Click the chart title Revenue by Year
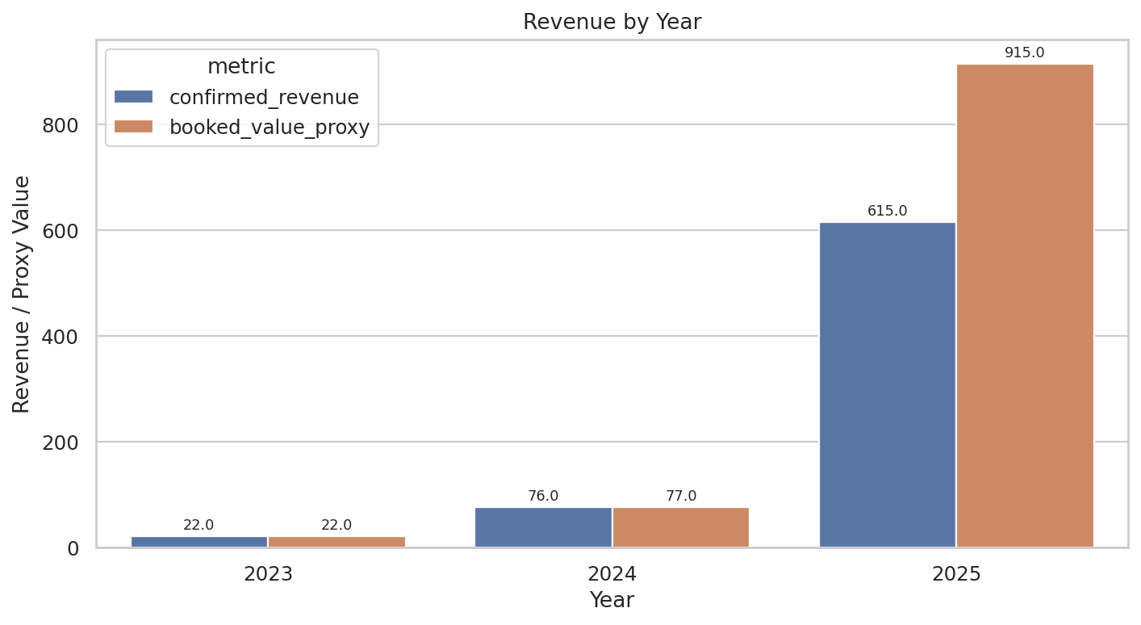(x=612, y=22)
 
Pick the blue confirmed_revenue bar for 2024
(x=543, y=527)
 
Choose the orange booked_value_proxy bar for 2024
(x=680, y=527)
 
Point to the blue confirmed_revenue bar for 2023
(x=199, y=542)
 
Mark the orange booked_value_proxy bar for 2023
(x=336, y=542)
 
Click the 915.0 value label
(x=1024, y=52)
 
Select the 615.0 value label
(x=887, y=211)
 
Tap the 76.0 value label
(x=543, y=496)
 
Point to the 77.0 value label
(x=680, y=496)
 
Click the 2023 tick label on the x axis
(x=268, y=574)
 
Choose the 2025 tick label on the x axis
(x=956, y=574)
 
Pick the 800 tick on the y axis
(x=62, y=125)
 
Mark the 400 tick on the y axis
(x=62, y=337)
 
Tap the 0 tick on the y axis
(x=73, y=548)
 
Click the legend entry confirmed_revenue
(x=263, y=97)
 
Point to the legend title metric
(x=241, y=66)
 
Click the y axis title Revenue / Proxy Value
(x=22, y=294)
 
